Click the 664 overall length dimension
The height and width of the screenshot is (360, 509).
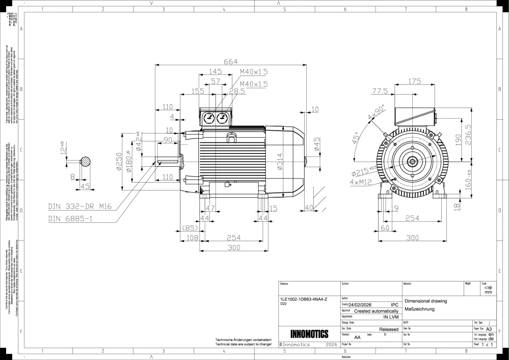point(231,62)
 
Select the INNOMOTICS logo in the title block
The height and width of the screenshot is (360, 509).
point(309,335)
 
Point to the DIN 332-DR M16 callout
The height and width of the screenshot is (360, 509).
point(79,207)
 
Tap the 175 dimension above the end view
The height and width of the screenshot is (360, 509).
point(415,82)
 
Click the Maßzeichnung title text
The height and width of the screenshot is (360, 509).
point(419,309)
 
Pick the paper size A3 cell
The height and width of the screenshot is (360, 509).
point(489,329)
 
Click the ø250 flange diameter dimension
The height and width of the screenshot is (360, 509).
point(118,162)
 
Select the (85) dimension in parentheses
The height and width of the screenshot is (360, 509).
point(190,227)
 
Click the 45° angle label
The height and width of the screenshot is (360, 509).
point(355,138)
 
